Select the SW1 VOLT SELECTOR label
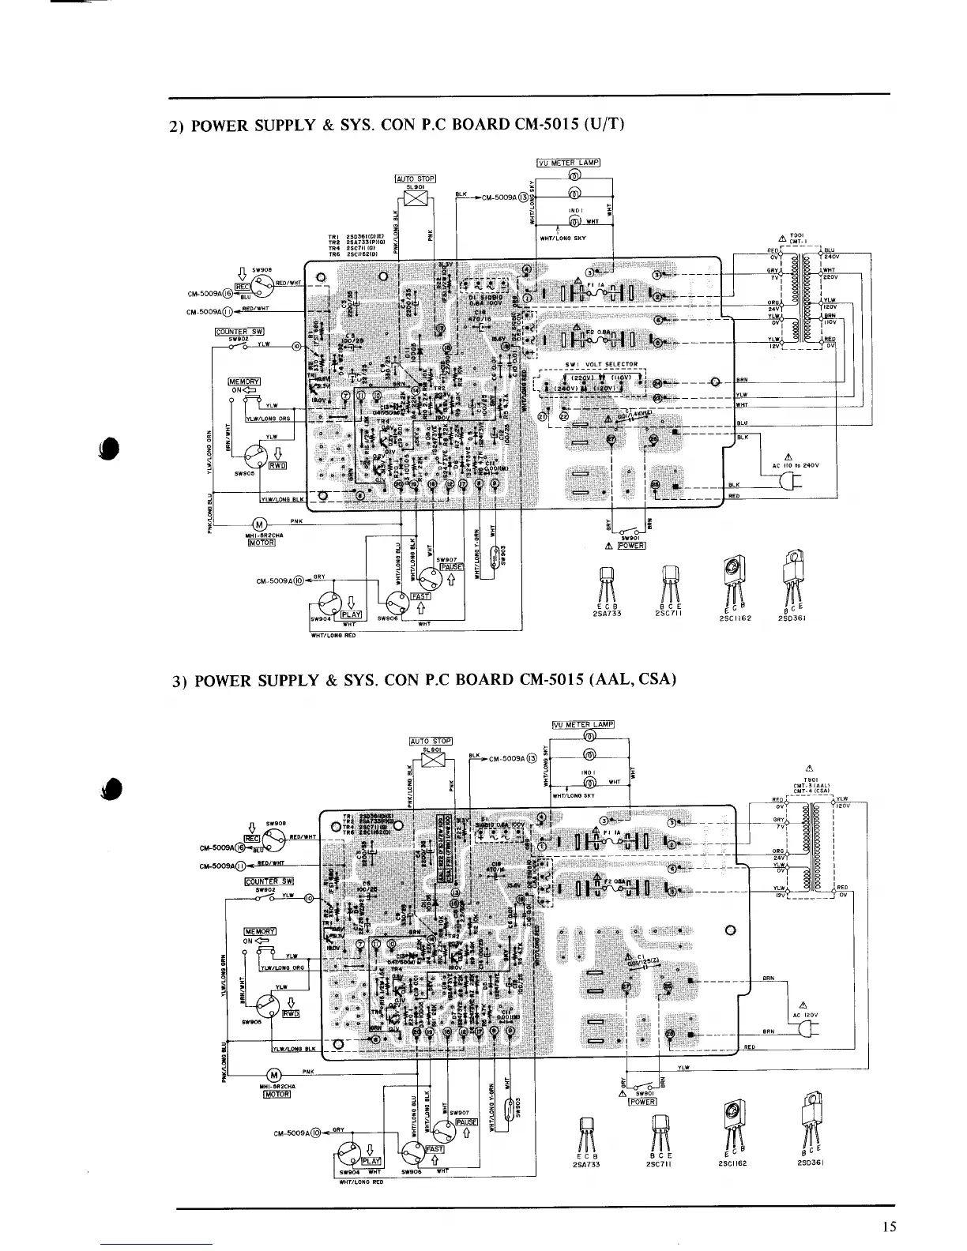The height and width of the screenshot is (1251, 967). pos(600,364)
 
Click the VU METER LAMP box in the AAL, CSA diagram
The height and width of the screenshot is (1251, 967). pos(582,724)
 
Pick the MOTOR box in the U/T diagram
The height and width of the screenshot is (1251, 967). pos(261,543)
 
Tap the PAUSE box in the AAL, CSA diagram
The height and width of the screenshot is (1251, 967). pos(467,1121)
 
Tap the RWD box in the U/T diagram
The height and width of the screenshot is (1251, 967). pos(277,465)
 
